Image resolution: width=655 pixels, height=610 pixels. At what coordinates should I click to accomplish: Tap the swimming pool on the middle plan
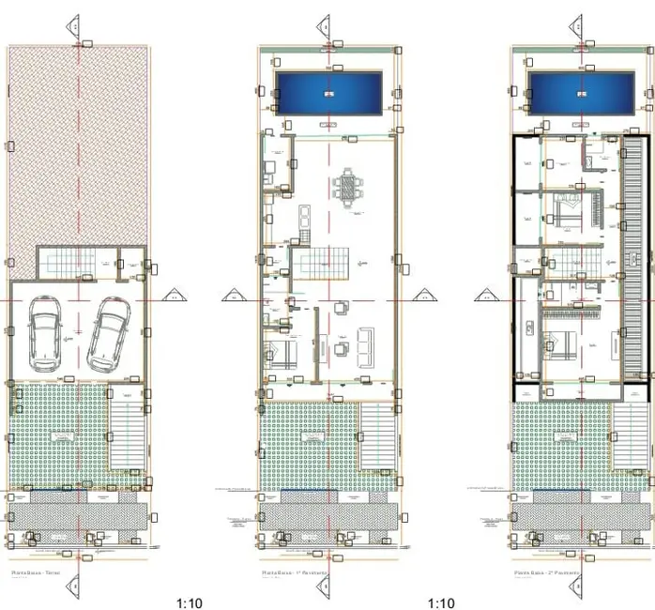328,93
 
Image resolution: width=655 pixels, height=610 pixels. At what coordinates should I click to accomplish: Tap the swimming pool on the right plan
579,93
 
